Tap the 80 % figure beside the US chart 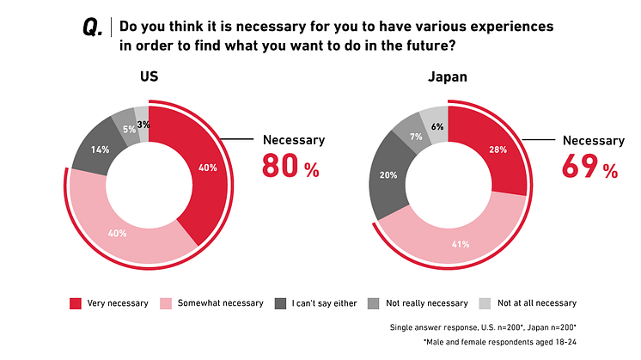click(x=290, y=165)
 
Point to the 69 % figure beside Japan click(x=589, y=165)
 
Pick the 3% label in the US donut click(x=143, y=124)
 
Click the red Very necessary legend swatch click(x=75, y=302)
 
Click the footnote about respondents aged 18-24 click(x=501, y=342)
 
